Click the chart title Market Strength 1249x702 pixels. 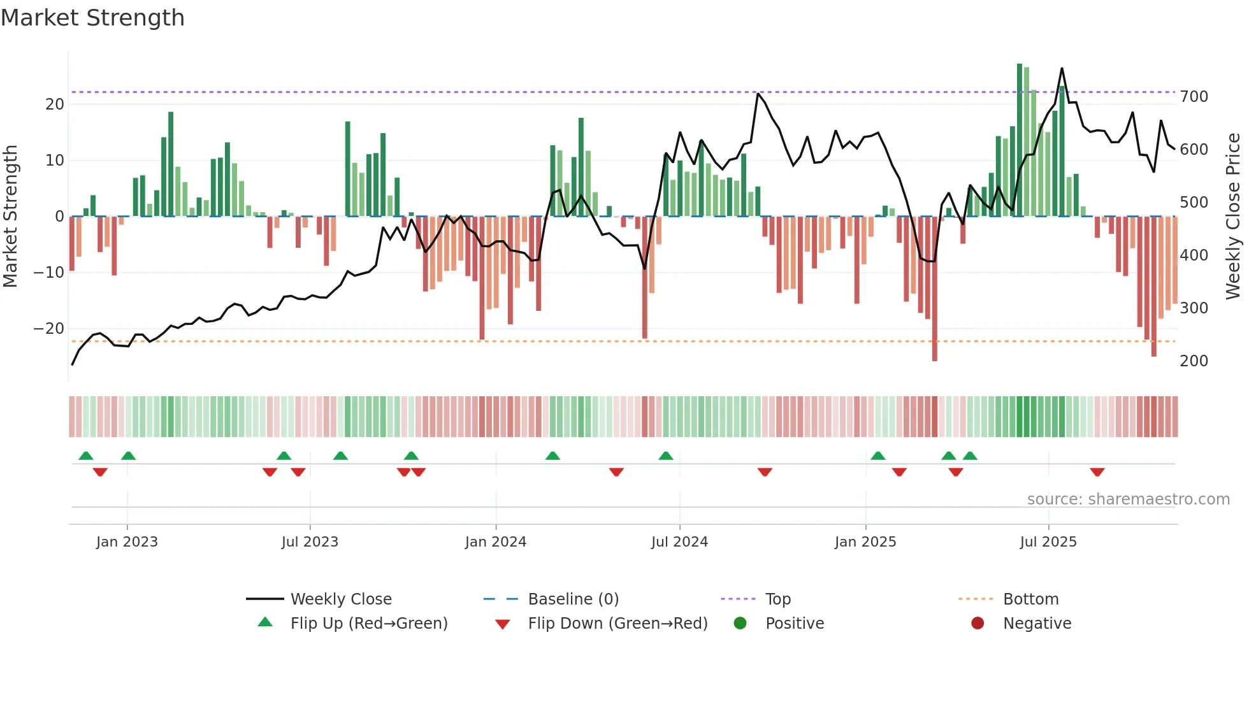point(93,18)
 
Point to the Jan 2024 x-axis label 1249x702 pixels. point(496,542)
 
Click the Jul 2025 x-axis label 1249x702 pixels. point(1048,542)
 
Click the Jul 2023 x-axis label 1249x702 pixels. point(310,542)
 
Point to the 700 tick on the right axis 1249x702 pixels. point(1194,97)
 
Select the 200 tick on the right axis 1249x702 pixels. point(1194,361)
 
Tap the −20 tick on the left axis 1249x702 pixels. point(49,329)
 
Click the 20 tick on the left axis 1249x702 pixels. point(55,104)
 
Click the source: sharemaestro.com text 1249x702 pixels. point(1128,499)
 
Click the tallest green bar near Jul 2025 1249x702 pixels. point(1020,140)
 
